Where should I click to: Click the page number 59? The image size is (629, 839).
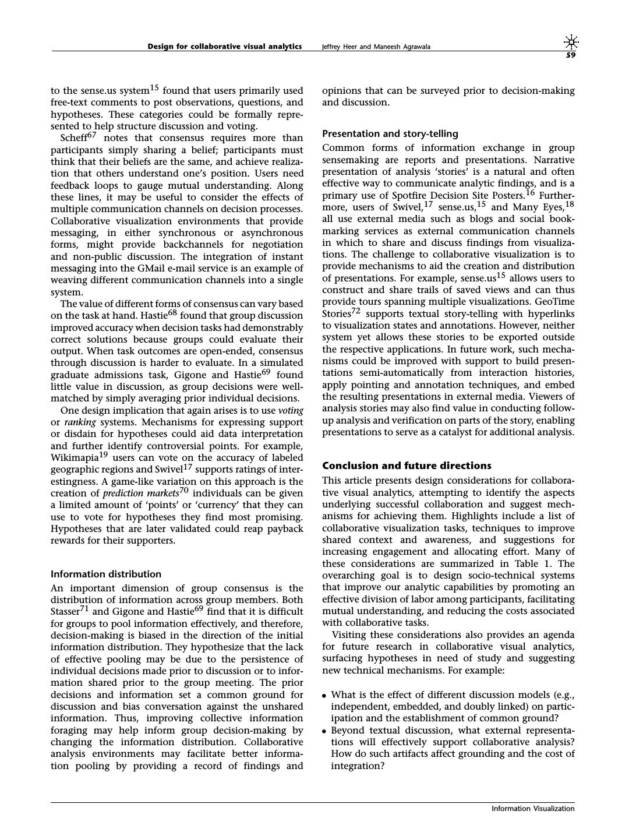point(571,56)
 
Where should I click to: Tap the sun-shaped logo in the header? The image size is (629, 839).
point(571,42)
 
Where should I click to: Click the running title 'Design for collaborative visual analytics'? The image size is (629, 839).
point(224,47)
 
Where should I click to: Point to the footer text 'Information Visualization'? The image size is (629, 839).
point(533,808)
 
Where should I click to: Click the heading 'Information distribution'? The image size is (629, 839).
point(106,574)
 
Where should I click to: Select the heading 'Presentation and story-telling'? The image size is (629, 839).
point(390,133)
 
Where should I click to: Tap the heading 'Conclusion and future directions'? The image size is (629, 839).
point(407,466)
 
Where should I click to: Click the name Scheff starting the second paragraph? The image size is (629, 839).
point(73,139)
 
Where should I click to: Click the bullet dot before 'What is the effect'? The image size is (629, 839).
point(324,695)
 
